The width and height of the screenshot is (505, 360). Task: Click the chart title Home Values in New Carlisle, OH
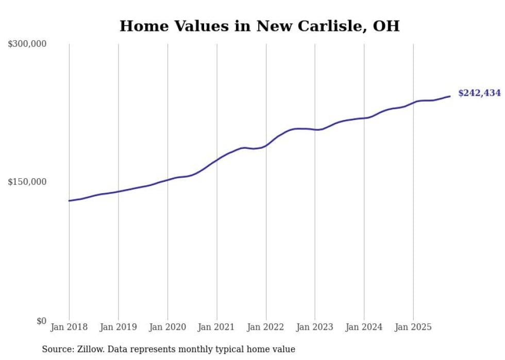tap(259, 26)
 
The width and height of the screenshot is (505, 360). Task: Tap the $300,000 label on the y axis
tap(27, 44)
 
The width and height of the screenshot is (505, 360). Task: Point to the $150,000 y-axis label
tap(27, 182)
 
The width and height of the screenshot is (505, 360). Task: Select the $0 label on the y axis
tap(41, 321)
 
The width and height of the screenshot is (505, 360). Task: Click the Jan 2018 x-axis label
tap(69, 327)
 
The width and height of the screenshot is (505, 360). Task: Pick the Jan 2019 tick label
tap(119, 327)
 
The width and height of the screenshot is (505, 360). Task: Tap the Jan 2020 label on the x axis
tap(167, 327)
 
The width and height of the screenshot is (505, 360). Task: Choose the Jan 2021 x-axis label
tap(216, 327)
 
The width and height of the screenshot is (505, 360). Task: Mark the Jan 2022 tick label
tap(266, 327)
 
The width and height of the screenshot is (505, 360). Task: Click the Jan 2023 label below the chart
tap(315, 327)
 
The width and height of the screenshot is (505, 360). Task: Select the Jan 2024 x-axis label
tap(364, 327)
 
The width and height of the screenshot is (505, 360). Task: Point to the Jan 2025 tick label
tap(413, 327)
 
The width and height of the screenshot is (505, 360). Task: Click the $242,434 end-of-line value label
tap(479, 93)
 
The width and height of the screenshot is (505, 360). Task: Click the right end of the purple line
tap(450, 96)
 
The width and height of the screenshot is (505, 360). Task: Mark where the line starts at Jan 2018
tap(69, 201)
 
